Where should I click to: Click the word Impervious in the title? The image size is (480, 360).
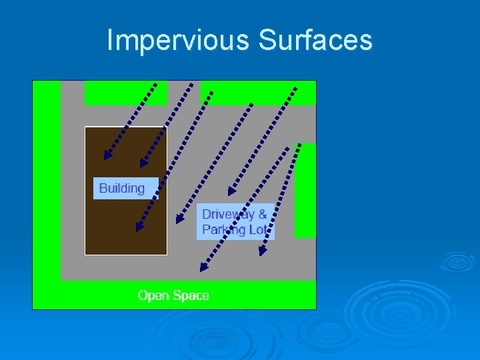pos(178,41)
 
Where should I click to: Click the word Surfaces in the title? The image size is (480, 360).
pos(315,41)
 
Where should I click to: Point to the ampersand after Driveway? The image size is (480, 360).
pos(262,214)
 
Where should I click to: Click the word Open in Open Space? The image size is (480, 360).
pos(152,295)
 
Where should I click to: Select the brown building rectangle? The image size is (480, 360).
pos(125,227)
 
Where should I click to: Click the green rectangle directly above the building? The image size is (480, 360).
pos(125,93)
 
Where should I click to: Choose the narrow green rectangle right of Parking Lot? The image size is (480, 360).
pos(305,190)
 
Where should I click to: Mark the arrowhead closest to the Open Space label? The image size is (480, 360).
pos(204,267)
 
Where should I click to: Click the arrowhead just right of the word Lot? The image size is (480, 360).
pos(263,251)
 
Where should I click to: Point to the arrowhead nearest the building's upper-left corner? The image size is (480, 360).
pos(107,156)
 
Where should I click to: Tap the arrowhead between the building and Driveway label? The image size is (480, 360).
pos(179,219)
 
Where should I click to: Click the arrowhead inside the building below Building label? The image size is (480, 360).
pos(139,227)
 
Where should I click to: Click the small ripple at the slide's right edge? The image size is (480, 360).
pos(457,261)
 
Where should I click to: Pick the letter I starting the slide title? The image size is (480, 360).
pos(110,41)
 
